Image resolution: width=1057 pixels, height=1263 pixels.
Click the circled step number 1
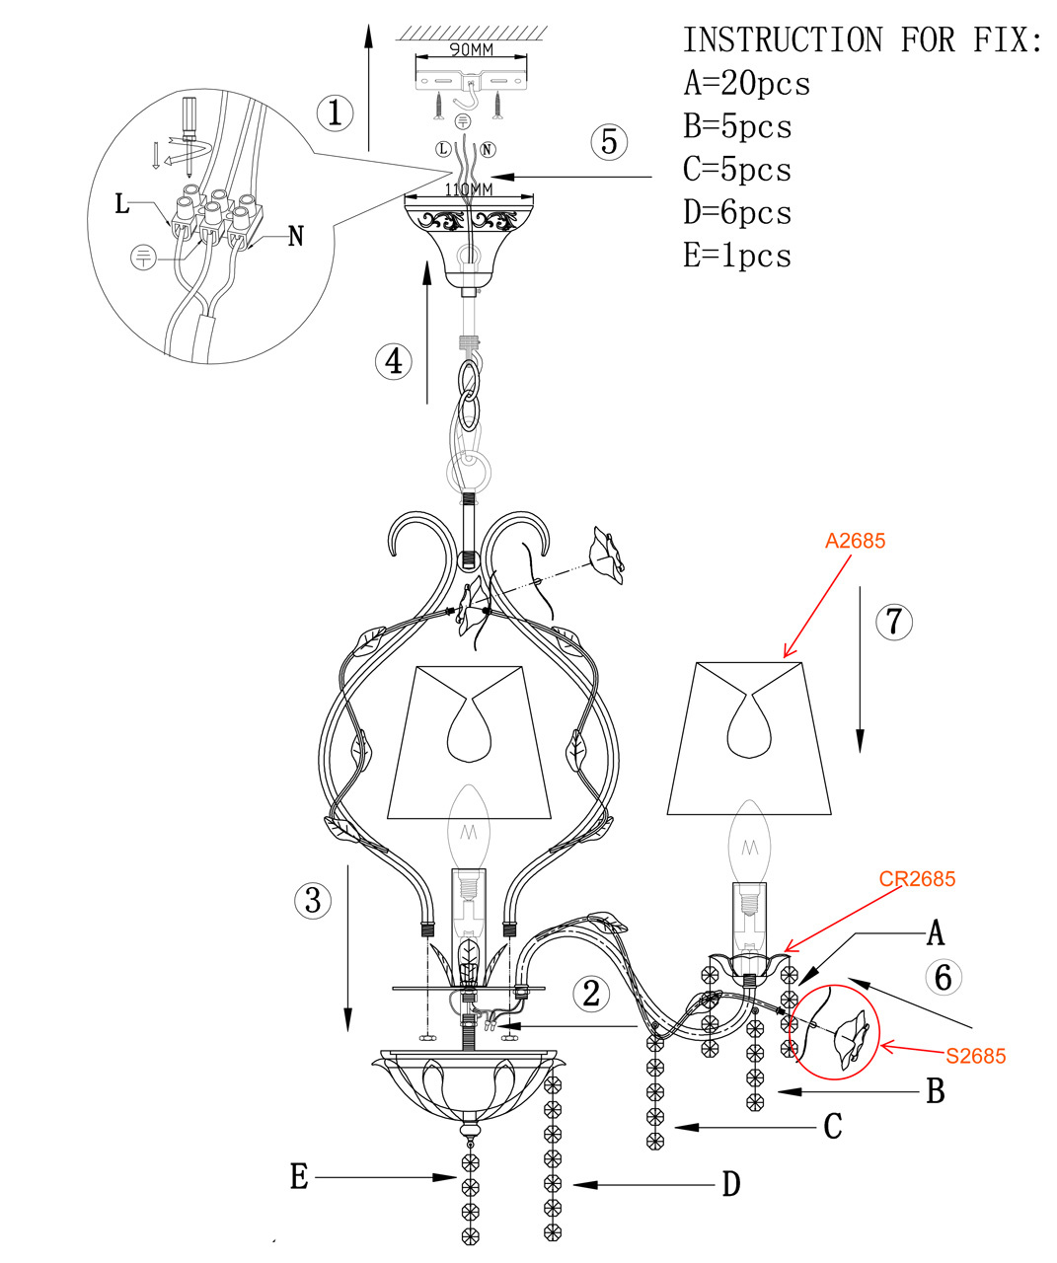pos(336,112)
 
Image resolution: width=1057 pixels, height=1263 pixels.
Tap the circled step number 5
pos(609,142)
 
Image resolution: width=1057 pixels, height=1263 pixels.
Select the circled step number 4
pos(394,361)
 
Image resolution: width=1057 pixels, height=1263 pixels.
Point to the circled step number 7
pos(893,622)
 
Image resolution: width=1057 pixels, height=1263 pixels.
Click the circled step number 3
pos(313,900)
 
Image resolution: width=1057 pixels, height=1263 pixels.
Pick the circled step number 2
pos(590,993)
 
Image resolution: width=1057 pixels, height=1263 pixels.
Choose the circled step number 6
pos(943,977)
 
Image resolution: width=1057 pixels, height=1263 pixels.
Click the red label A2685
pos(855,541)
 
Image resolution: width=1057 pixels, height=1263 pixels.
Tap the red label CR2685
pos(917,878)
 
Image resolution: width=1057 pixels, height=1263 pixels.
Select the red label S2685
pos(975,1056)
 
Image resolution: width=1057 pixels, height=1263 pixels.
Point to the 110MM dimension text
pos(469,188)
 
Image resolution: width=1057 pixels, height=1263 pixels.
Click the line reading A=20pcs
pos(747,84)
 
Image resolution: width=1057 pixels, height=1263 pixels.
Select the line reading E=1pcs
pos(737,256)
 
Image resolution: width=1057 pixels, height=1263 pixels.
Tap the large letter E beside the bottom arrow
pos(299,1176)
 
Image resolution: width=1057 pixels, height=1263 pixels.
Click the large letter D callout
pos(730,1184)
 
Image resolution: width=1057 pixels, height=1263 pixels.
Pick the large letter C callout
pos(832,1127)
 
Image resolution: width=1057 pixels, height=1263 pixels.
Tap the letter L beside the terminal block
pos(122,204)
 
